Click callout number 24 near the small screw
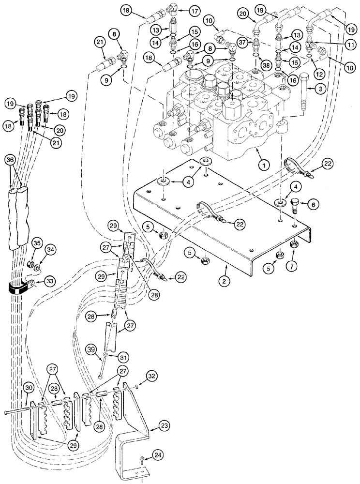pyautogui.click(x=157, y=455)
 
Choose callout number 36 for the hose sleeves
pyautogui.click(x=14, y=160)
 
